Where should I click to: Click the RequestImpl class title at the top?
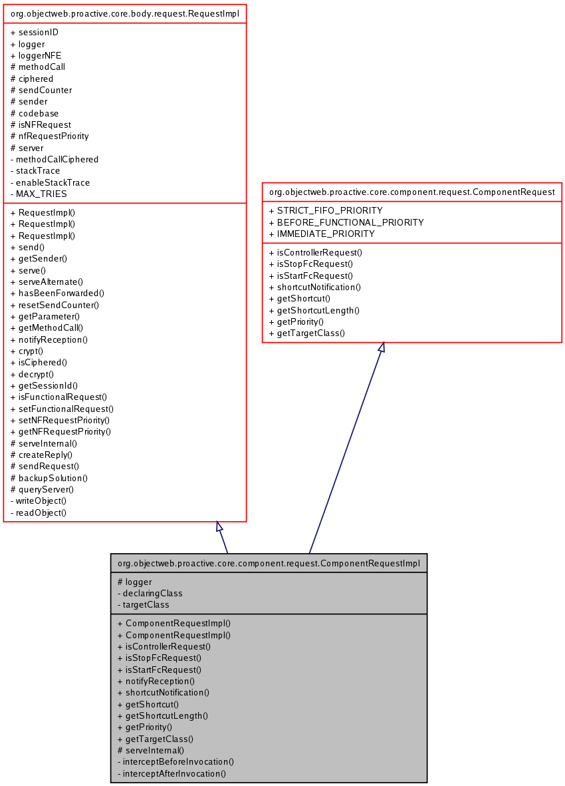[x=125, y=13]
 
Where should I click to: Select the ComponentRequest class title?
[x=411, y=192]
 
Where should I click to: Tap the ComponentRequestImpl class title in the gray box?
[x=269, y=563]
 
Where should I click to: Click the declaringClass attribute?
[x=152, y=593]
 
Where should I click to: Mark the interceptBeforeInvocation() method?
[x=178, y=761]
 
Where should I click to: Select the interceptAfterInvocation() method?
[x=174, y=773]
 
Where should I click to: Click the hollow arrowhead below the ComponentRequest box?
[x=382, y=347]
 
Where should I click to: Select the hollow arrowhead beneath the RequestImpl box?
[x=219, y=526]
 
